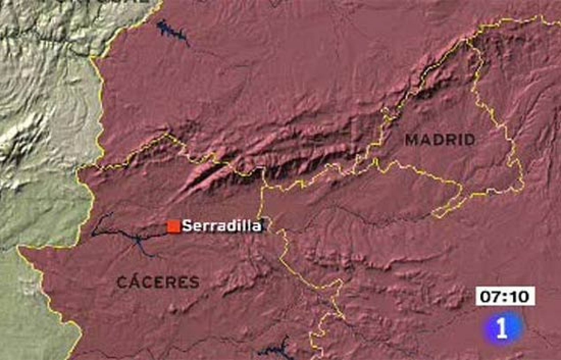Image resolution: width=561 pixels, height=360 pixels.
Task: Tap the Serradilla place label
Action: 222,226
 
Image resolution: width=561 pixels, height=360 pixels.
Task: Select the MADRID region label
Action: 440,140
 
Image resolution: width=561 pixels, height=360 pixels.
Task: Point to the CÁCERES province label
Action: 158,282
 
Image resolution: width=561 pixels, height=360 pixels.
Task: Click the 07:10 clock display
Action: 505,297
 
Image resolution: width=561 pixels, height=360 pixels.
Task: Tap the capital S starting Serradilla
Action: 187,226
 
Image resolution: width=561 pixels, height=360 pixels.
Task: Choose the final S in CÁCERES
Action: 194,282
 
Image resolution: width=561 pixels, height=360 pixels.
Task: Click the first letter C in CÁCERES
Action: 122,282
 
